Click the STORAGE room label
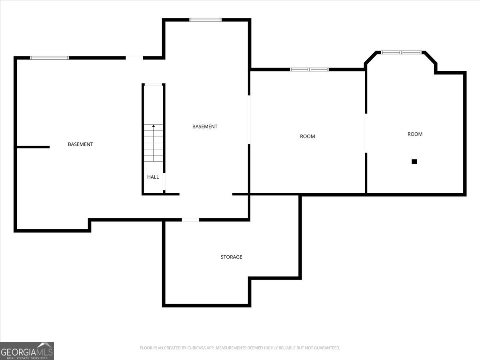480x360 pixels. click(231, 257)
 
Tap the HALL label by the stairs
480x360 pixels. click(153, 177)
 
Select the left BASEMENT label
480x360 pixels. click(80, 144)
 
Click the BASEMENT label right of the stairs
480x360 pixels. click(205, 126)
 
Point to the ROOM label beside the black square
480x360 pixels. click(415, 134)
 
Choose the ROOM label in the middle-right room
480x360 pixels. click(307, 136)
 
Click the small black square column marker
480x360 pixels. click(414, 162)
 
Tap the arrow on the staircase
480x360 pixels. click(154, 126)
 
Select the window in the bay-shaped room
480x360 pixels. click(401, 52)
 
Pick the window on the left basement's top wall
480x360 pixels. click(50, 58)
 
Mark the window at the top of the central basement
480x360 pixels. click(205, 20)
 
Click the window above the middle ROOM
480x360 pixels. click(309, 70)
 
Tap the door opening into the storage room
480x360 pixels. click(190, 220)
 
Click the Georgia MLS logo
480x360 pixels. click(27, 351)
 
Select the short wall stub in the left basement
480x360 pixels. click(33, 147)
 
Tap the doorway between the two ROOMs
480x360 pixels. click(365, 133)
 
